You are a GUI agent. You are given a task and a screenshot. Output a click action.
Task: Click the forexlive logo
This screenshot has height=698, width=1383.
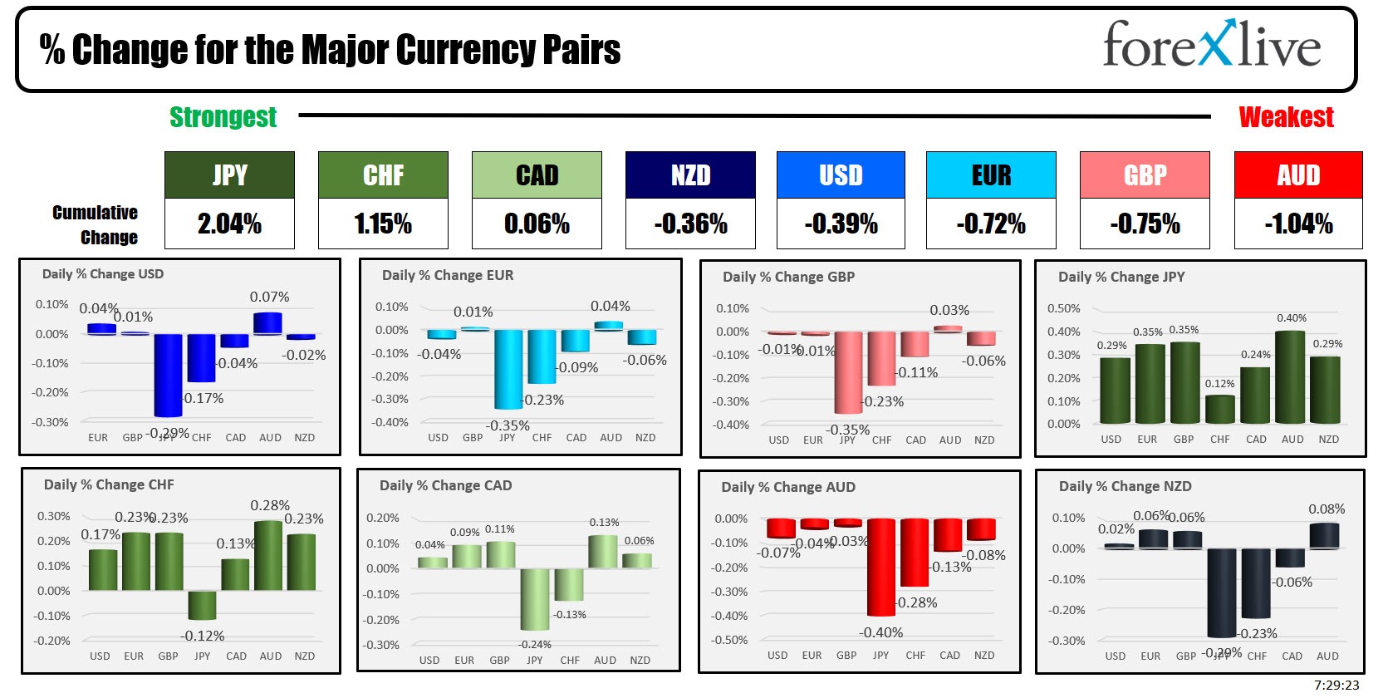pos(1211,45)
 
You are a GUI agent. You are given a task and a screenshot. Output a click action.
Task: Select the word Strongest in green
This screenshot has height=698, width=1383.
pos(223,117)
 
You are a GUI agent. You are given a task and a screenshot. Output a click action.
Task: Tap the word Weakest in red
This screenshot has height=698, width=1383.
pos(1286,117)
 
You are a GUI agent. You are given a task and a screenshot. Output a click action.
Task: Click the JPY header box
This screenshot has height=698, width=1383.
pos(229,174)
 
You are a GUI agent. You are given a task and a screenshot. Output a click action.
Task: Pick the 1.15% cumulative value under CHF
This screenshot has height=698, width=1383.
pos(383,224)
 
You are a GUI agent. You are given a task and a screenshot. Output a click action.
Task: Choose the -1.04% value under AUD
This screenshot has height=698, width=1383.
pos(1298,224)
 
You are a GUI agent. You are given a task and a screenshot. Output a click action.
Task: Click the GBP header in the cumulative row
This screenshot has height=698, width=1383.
pos(1145,174)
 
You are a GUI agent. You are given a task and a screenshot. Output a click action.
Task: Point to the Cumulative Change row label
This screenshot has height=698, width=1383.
pos(96,224)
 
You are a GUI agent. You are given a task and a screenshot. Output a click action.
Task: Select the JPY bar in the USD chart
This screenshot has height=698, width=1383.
pos(168,375)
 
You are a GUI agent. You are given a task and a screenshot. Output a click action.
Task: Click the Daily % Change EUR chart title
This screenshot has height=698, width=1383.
pos(448,275)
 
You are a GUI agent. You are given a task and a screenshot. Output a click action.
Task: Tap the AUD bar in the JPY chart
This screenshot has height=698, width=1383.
pos(1290,377)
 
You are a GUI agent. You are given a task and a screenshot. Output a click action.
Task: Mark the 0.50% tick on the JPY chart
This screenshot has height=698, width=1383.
pos(1064,308)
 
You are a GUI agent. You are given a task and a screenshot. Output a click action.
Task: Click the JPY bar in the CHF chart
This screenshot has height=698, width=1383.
pos(202,605)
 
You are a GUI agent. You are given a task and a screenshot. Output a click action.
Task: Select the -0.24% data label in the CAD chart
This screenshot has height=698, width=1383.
pos(535,644)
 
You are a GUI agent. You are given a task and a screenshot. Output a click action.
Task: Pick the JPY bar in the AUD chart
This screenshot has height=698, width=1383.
pos(881,567)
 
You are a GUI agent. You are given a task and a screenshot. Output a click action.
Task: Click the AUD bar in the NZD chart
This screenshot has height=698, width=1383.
pos(1325,535)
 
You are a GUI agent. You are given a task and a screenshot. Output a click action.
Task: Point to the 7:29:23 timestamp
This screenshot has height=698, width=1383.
pos(1336,685)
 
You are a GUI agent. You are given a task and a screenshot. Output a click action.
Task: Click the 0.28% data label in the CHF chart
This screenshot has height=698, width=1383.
pos(270,505)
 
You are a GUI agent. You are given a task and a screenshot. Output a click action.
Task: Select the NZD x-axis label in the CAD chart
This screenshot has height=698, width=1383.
pos(640,660)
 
